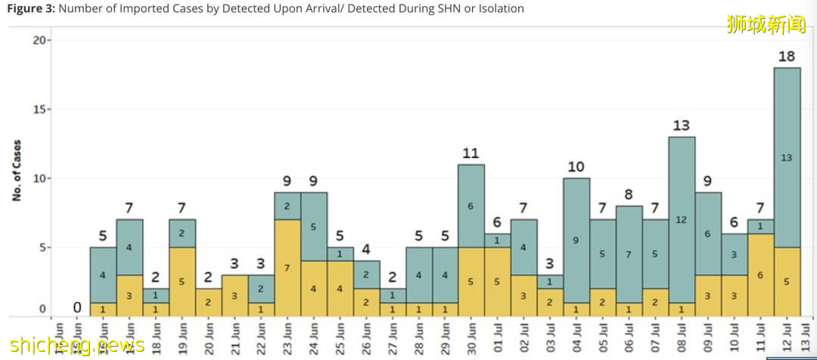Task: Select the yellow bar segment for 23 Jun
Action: (x=287, y=268)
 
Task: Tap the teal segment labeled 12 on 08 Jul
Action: (x=682, y=219)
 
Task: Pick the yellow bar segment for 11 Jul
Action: (x=760, y=275)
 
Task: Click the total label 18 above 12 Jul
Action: (x=787, y=56)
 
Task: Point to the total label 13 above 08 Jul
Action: (x=682, y=126)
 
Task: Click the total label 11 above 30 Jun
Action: (x=471, y=154)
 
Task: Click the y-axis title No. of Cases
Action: (x=17, y=169)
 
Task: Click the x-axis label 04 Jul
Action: (x=577, y=337)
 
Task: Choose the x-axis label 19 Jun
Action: (x=182, y=337)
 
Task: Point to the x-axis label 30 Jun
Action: (x=471, y=337)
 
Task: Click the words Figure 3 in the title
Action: (x=30, y=8)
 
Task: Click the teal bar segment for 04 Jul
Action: (x=576, y=241)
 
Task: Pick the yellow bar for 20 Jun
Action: (x=209, y=302)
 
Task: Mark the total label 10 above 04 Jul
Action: (x=576, y=167)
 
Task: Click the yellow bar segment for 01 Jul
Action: (x=497, y=281)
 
